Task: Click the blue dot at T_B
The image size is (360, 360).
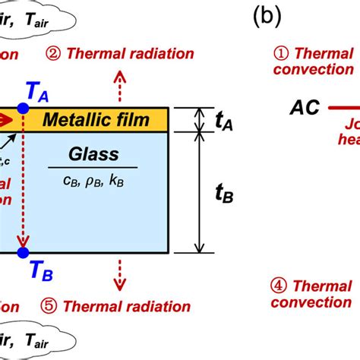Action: pyautogui.click(x=24, y=252)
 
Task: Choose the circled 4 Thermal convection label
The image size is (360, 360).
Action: pyautogui.click(x=314, y=294)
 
